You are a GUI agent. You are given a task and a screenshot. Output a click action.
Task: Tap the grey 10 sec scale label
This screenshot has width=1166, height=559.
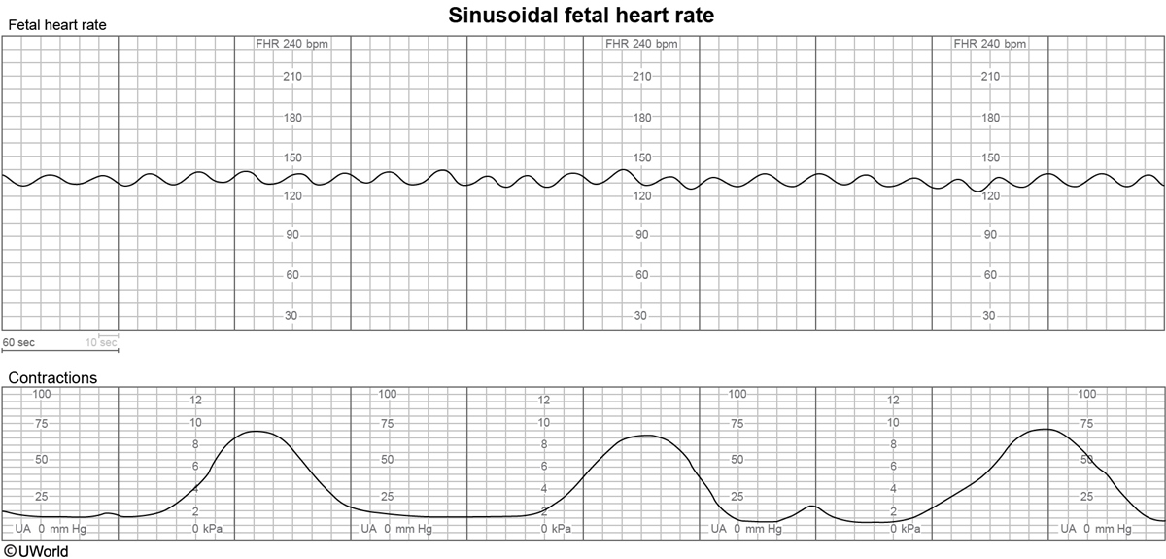point(101,342)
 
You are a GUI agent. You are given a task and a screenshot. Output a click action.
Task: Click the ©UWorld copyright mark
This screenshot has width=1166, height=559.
point(35,550)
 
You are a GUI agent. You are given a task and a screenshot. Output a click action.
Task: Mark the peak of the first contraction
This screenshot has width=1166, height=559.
point(257,431)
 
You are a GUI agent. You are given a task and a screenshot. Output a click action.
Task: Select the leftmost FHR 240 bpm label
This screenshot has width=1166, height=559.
point(292,44)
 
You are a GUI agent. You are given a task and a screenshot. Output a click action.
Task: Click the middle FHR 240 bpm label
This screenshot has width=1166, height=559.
point(641,44)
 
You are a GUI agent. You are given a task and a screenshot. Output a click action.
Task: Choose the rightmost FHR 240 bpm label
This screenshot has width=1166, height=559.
point(990,44)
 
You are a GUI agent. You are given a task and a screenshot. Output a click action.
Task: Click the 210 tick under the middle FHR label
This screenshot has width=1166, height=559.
point(641,77)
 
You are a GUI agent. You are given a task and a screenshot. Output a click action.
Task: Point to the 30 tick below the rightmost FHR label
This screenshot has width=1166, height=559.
point(990,316)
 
